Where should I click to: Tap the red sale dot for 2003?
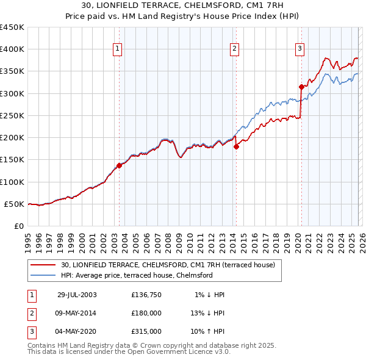[x=120, y=165]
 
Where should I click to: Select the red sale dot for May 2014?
[x=236, y=146]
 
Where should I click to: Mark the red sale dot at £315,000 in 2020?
[x=301, y=87]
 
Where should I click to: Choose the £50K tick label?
[x=15, y=204]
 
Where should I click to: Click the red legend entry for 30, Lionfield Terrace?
[x=168, y=265]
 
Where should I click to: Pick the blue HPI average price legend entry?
[x=137, y=275]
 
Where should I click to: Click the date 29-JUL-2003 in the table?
[x=77, y=295]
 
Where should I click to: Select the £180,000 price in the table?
[x=146, y=313]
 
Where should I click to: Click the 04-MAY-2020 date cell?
[x=77, y=331]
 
